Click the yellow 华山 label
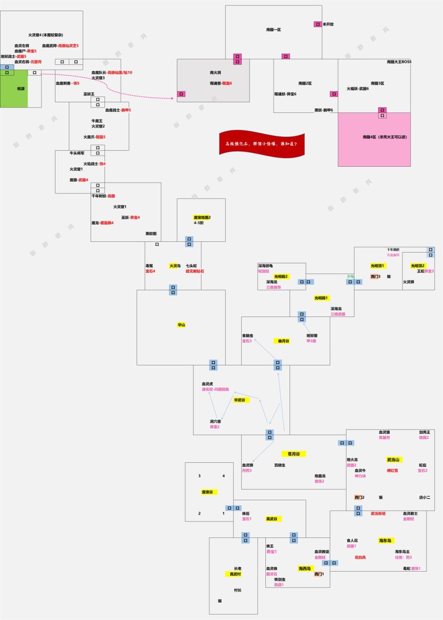tap(181, 325)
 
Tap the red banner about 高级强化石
tap(262, 144)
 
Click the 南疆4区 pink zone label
tap(384, 137)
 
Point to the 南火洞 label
tap(215, 73)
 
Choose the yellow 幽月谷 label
tap(283, 341)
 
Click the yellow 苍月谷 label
tap(294, 454)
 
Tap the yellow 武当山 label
tap(393, 459)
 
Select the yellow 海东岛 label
tap(385, 540)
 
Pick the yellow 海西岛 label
tap(304, 569)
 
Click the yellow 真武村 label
tap(235, 574)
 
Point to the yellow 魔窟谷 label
tap(207, 492)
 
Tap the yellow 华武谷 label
tap(240, 400)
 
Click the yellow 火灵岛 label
tap(175, 266)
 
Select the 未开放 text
tap(328, 24)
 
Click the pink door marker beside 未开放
tap(317, 24)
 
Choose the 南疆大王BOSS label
tap(399, 62)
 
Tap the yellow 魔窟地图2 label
tap(202, 217)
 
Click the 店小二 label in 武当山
tap(425, 497)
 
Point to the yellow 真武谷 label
tap(272, 519)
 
